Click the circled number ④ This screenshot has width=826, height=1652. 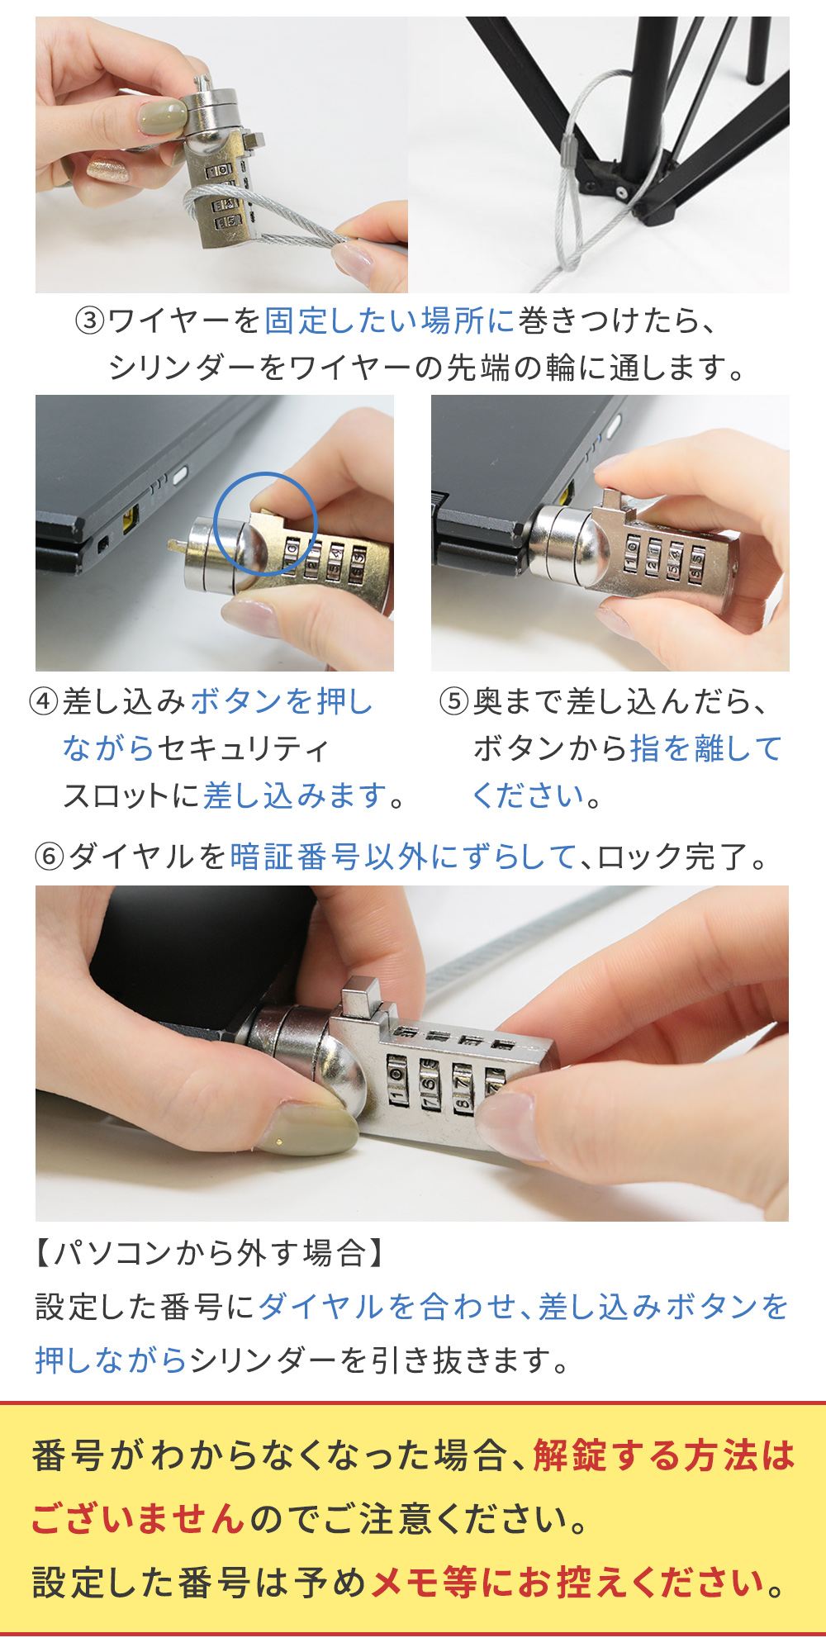click(44, 703)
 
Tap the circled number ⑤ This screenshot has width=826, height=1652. click(453, 703)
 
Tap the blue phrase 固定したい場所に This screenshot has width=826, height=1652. click(389, 320)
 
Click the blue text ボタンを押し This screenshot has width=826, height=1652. click(282, 703)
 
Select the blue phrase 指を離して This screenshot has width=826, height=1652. click(705, 749)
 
